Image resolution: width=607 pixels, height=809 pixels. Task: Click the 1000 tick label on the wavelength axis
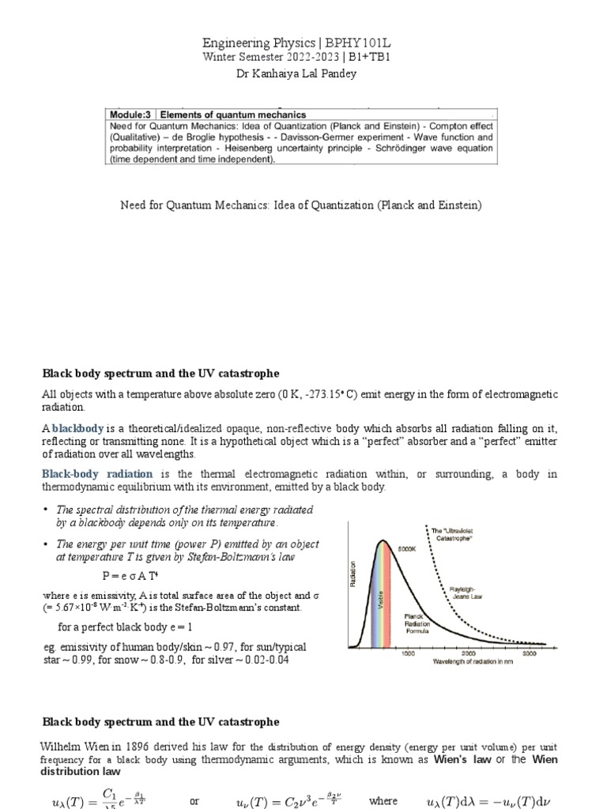click(x=409, y=654)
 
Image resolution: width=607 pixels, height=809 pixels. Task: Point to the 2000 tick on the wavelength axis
click(x=468, y=654)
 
